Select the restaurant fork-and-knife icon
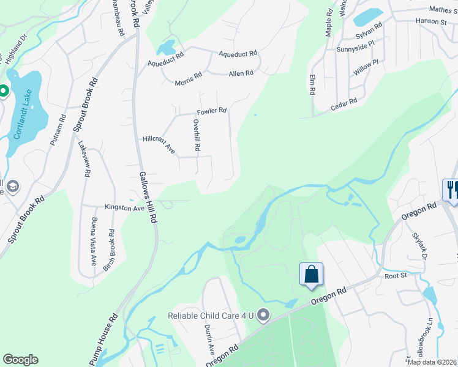pyautogui.click(x=451, y=189)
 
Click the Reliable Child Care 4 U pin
pyautogui.click(x=264, y=316)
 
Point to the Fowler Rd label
pyautogui.click(x=212, y=111)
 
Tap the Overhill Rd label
pyautogui.click(x=197, y=135)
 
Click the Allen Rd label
pyautogui.click(x=241, y=73)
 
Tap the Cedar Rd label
pyautogui.click(x=343, y=103)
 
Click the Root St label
pyautogui.click(x=396, y=276)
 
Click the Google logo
pyautogui.click(x=20, y=360)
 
